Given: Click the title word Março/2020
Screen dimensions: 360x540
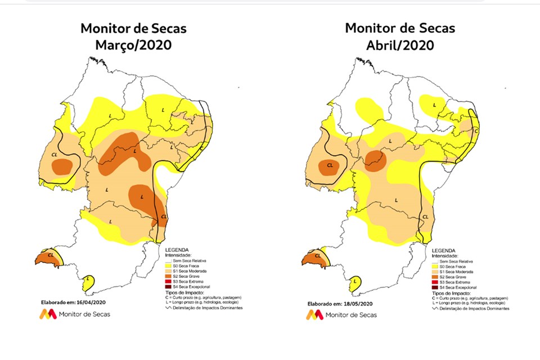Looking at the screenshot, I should coord(133,44).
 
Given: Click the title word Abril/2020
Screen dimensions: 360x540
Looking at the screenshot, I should coord(400,44).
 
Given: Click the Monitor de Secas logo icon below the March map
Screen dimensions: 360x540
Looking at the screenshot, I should coord(47,314).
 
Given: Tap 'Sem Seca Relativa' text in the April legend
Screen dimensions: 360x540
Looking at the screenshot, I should coord(456,262).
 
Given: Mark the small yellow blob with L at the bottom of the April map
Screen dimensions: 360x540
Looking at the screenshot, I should coord(355,282).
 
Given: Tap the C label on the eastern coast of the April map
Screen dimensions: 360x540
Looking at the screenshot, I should coord(476,131).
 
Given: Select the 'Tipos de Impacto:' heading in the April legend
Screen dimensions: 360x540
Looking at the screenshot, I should coord(449,293).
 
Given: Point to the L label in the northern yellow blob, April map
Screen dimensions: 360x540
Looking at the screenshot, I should coord(434,105).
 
